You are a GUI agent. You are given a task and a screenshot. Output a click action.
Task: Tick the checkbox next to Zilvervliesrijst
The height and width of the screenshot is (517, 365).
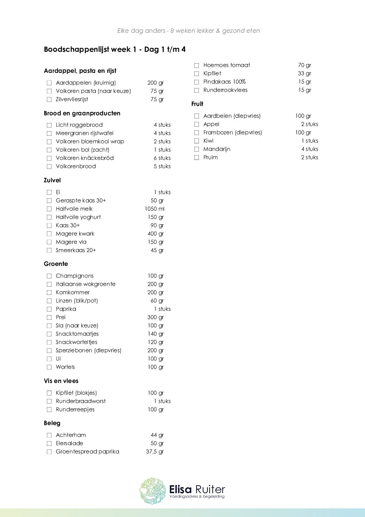49,99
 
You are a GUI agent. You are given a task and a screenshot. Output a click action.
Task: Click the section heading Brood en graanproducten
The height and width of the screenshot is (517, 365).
82,113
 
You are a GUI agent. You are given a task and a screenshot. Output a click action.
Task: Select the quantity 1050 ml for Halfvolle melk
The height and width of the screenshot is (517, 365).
154,209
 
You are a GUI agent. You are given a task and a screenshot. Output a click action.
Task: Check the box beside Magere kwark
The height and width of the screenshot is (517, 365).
49,234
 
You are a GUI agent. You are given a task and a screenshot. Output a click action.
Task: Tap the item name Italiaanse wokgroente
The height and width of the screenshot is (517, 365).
85,284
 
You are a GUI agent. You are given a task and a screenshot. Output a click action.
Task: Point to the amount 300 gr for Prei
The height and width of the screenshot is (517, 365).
155,317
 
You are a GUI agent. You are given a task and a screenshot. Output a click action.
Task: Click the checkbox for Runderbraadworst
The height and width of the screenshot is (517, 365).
49,401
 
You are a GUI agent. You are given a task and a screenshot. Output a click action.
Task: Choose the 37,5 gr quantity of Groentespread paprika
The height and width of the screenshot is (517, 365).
155,451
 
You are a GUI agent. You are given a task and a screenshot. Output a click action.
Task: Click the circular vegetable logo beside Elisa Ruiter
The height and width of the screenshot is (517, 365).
153,491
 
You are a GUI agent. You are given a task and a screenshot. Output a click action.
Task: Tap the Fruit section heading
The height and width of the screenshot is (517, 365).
197,104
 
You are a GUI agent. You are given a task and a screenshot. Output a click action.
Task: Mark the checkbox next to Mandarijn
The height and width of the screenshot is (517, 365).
197,149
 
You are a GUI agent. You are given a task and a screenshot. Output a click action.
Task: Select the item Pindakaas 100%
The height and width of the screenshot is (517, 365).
224,82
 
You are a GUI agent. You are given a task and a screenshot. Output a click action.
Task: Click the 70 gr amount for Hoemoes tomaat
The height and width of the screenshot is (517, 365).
304,65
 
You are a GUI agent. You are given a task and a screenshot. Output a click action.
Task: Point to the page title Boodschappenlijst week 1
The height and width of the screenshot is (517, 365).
114,49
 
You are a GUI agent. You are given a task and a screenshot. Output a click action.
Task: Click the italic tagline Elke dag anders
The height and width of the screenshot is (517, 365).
188,31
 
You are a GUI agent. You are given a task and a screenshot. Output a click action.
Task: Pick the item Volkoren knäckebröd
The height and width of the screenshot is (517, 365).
84,158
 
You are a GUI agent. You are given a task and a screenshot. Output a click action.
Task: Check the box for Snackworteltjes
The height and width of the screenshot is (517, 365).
49,342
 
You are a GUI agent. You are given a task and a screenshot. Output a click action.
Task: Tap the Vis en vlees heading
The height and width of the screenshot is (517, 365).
61,381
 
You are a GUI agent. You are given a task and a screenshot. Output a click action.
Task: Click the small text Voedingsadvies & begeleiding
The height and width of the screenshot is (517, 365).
197,497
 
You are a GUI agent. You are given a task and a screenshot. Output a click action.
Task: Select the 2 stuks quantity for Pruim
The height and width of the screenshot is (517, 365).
310,157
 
